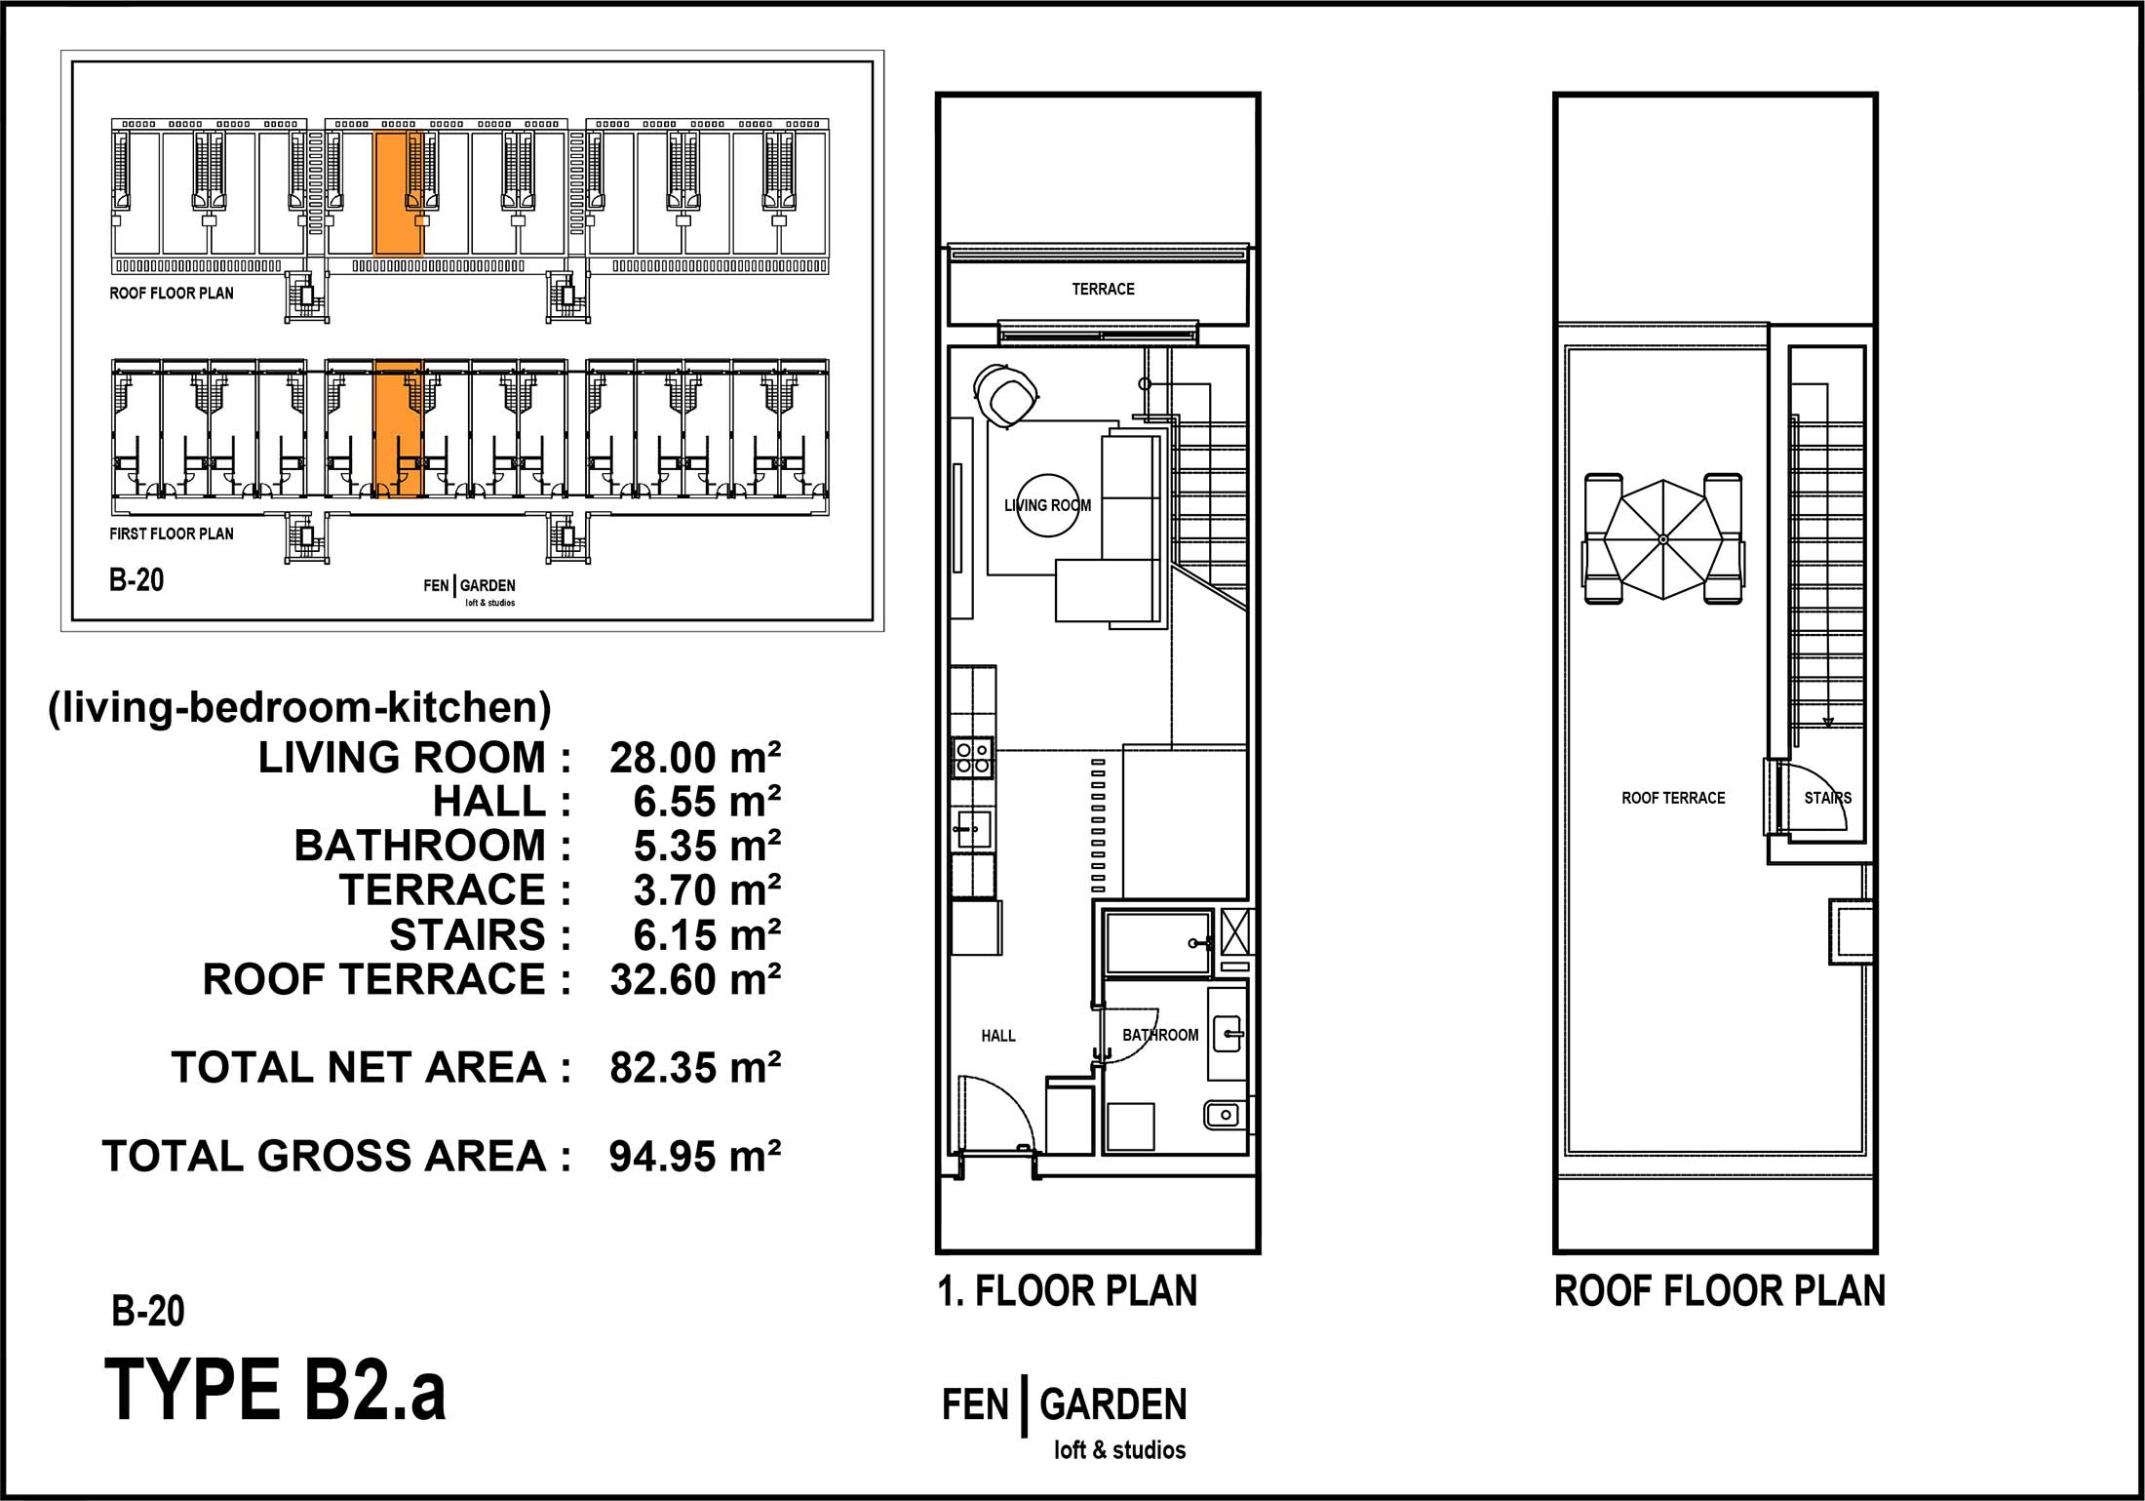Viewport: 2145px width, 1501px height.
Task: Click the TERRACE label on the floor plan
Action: (x=1103, y=289)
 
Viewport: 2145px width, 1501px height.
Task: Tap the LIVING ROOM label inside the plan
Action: (x=1047, y=505)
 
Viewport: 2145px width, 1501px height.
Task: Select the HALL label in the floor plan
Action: (x=998, y=1036)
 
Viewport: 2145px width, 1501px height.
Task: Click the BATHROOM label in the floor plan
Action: (x=1160, y=1035)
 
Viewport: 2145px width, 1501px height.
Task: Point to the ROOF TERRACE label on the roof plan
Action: (x=1673, y=798)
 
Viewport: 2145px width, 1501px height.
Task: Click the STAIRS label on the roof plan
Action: (x=1827, y=798)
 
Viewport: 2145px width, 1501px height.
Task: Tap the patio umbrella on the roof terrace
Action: (x=1663, y=539)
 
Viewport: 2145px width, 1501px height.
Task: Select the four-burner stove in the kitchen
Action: (x=973, y=758)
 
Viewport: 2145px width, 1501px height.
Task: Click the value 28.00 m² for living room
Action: (x=695, y=758)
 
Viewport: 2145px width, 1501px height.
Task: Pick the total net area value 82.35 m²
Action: (x=695, y=1068)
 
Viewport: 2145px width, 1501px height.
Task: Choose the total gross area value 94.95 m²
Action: (x=695, y=1156)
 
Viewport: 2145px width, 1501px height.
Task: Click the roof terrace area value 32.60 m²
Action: (x=695, y=979)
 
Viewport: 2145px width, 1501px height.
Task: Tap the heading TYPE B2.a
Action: (x=275, y=1391)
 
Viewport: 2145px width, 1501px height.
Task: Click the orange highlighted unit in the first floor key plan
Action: (x=398, y=429)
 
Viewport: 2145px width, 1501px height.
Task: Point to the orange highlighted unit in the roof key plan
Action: (x=398, y=193)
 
